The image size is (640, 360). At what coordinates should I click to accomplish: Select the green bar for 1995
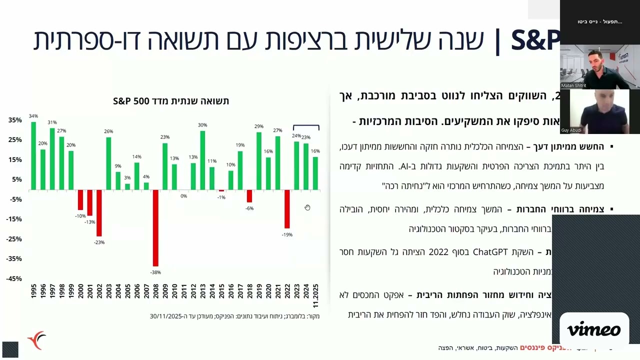(x=33, y=156)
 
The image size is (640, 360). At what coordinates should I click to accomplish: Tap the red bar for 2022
(x=287, y=209)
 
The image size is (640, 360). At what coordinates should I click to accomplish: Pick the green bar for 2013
(x=202, y=160)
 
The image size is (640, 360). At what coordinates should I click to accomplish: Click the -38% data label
(x=155, y=272)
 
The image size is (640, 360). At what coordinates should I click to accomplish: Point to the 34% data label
(x=33, y=116)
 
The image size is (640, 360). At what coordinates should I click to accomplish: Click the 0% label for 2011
(x=183, y=196)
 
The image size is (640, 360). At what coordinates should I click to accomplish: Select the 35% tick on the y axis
(x=15, y=120)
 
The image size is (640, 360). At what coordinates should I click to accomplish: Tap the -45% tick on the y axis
(x=14, y=278)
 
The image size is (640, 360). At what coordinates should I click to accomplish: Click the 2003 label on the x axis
(x=108, y=291)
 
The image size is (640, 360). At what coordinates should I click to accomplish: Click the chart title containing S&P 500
(x=171, y=101)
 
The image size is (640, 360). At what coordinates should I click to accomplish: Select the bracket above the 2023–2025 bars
(x=306, y=126)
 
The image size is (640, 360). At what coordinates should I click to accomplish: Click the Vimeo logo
(x=594, y=330)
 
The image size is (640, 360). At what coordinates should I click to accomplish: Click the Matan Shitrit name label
(x=573, y=85)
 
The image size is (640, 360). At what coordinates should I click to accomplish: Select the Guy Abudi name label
(x=571, y=130)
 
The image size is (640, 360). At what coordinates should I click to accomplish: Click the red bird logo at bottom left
(x=36, y=340)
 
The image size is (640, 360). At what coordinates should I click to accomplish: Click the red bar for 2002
(x=99, y=213)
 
